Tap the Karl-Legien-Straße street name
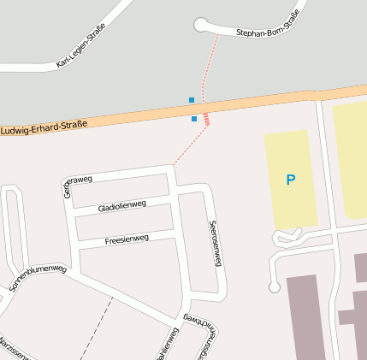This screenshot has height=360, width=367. pos(80,46)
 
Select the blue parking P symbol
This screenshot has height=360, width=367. pos(291,180)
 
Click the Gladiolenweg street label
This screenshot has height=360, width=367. pos(122,206)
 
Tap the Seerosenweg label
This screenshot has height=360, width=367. pos(215,244)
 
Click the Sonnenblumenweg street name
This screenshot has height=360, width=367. pos(38,281)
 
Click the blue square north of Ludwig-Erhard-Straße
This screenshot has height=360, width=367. pos(192,100)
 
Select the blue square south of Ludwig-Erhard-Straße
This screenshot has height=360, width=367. pos(194,119)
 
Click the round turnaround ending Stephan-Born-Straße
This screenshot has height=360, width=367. pos(201,25)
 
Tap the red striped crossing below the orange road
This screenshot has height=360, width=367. pos(206,119)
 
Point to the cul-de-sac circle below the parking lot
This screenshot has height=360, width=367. pos(274,287)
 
